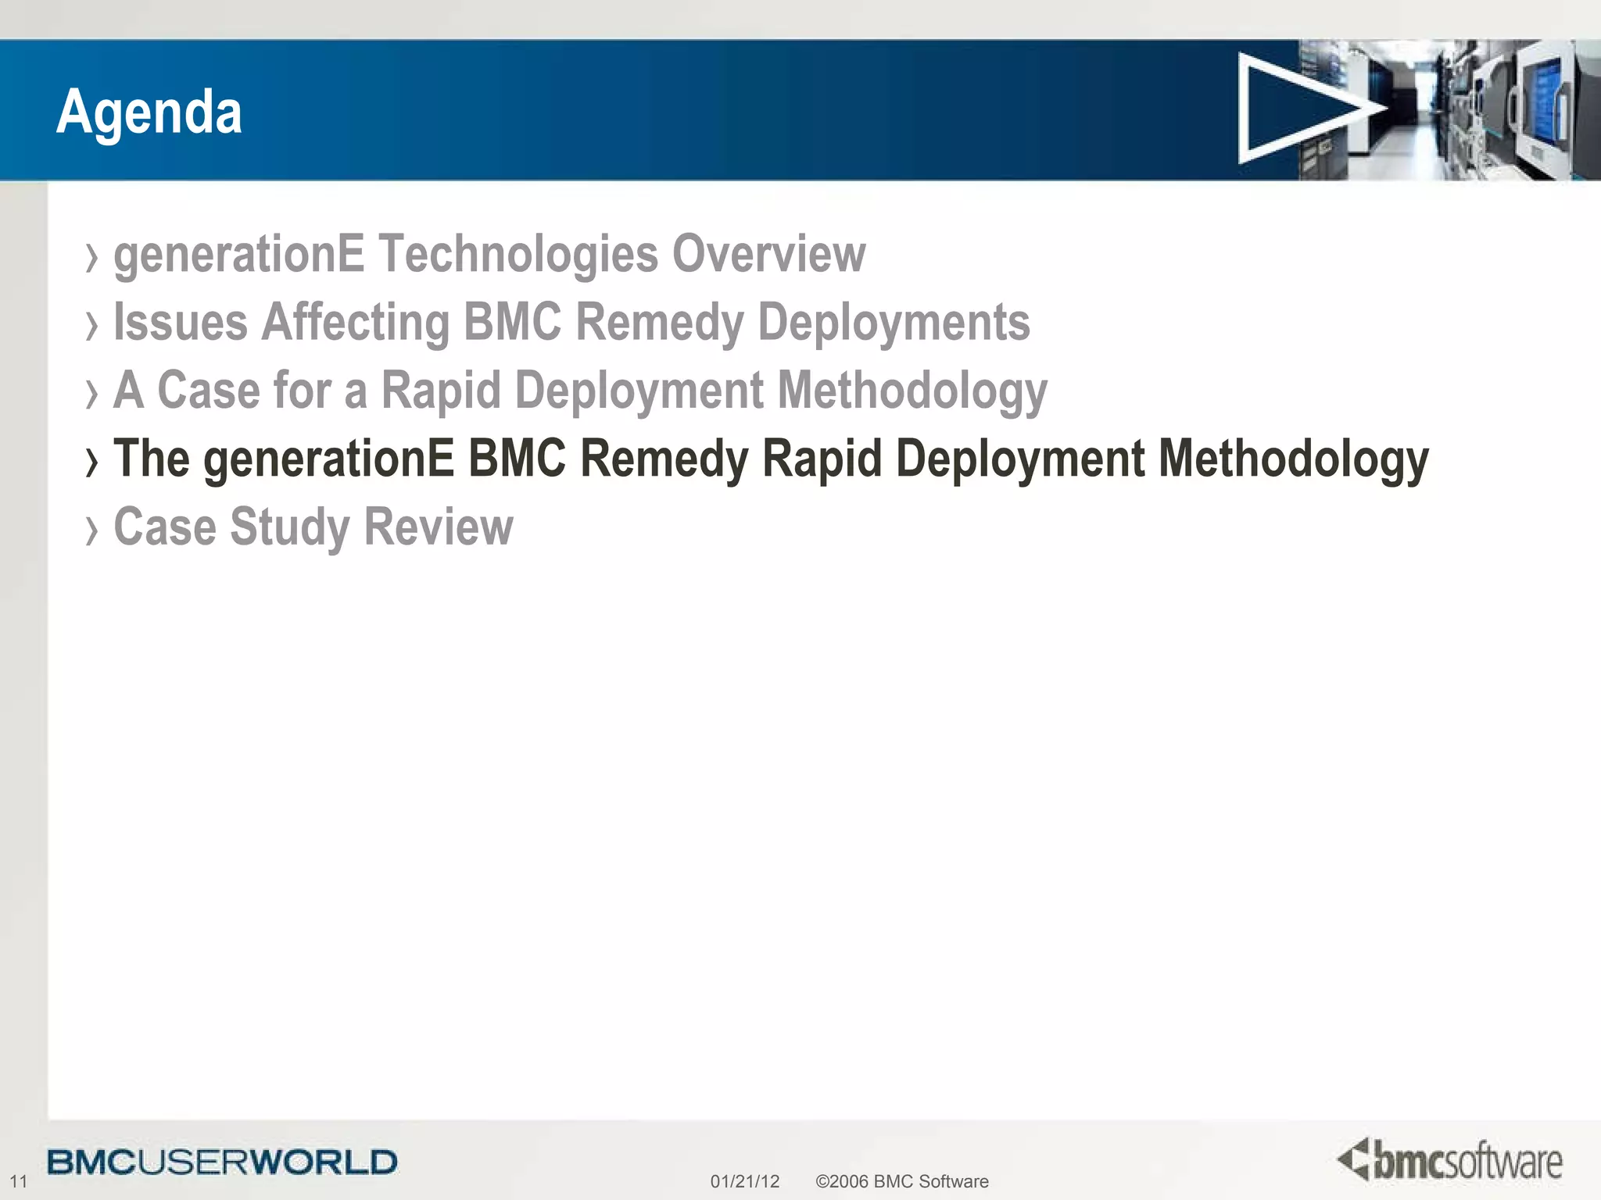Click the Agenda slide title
tap(149, 112)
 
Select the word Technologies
tap(518, 254)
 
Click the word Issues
tap(181, 322)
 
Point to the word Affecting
tap(356, 323)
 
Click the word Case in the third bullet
tap(208, 390)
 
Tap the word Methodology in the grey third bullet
tap(912, 391)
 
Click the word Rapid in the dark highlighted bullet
tap(822, 459)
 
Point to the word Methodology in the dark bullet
tap(1293, 459)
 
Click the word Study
tap(289, 527)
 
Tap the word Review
tap(439, 527)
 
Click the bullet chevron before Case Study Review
tap(92, 530)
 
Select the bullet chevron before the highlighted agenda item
tap(92, 462)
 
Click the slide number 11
tap(18, 1181)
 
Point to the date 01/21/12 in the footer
tap(744, 1181)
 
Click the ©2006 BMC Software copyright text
tap(901, 1181)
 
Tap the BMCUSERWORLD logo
tap(222, 1162)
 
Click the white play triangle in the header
tap(1298, 109)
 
